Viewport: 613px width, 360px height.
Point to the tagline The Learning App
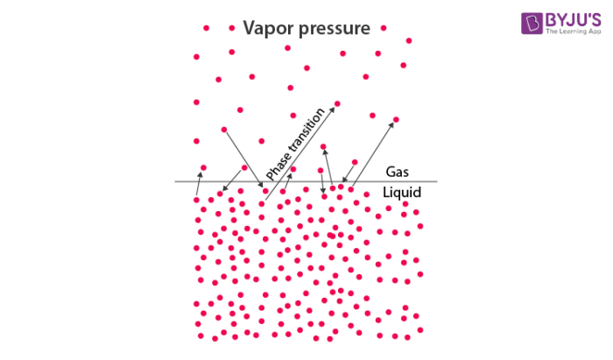[573, 33]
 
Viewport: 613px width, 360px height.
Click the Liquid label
[403, 193]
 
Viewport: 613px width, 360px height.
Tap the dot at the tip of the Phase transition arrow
[337, 103]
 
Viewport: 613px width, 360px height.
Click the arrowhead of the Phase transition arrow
[334, 107]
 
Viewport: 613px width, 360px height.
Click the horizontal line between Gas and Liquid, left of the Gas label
[263, 182]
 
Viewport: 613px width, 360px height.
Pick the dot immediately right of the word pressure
[383, 28]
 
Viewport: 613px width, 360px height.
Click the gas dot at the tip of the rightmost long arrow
[396, 119]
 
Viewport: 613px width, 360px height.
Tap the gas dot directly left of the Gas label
[355, 162]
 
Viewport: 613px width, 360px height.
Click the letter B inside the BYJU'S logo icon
[531, 25]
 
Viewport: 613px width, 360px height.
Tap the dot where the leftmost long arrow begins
[223, 131]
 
